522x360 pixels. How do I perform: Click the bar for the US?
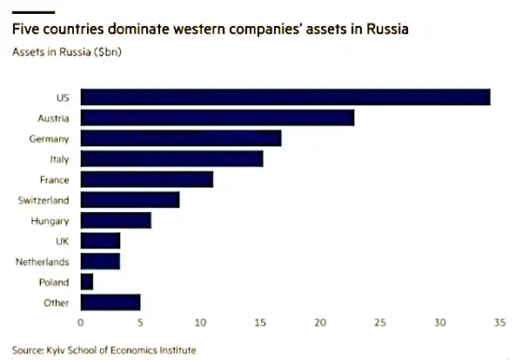coord(284,97)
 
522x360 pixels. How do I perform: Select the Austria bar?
coord(217,117)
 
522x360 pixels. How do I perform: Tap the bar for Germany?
coord(180,138)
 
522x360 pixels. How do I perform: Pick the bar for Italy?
coord(171,158)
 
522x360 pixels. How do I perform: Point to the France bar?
coord(146,179)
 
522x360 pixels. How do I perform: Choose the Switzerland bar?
coord(130,200)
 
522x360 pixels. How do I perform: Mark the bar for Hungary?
coord(116,220)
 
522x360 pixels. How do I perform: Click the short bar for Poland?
coord(86,282)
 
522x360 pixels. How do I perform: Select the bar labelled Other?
coord(110,303)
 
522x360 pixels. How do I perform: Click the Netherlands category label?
coord(43,261)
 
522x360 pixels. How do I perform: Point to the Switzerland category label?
coord(43,200)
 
